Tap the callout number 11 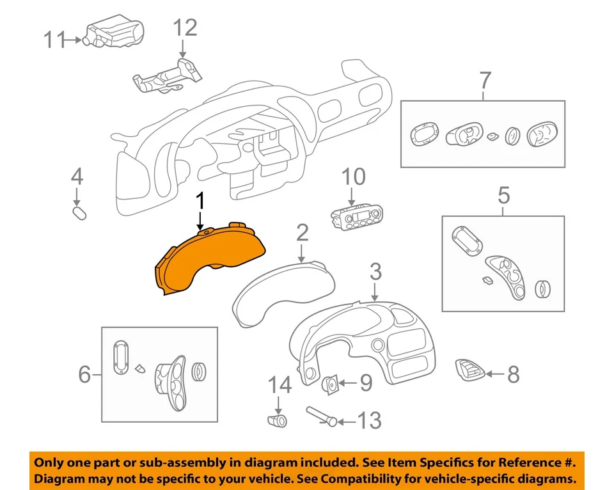(x=55, y=40)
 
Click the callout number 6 (x=84, y=374)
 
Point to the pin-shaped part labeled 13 (x=322, y=416)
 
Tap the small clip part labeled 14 (x=276, y=420)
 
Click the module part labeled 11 (x=115, y=32)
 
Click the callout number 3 (x=375, y=272)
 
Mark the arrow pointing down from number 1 (x=200, y=221)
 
